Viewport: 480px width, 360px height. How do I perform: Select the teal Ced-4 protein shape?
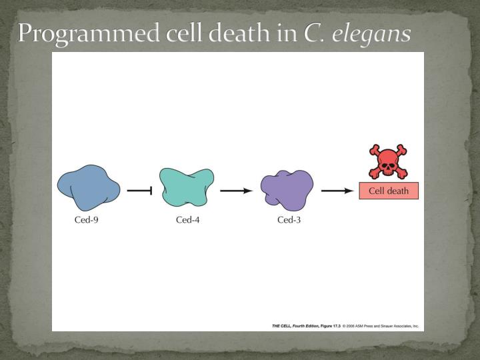(x=187, y=186)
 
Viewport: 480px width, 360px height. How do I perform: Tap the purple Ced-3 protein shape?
(x=287, y=189)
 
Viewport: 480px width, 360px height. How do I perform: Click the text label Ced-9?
(x=86, y=220)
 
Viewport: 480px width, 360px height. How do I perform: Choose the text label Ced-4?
(x=187, y=220)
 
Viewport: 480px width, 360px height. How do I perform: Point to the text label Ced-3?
(x=289, y=220)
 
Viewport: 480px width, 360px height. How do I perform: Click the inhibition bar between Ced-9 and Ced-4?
(x=140, y=191)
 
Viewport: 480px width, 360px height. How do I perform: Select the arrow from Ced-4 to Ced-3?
(x=236, y=191)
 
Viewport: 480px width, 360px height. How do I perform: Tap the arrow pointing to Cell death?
(x=337, y=191)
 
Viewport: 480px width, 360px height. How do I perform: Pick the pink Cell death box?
(x=389, y=191)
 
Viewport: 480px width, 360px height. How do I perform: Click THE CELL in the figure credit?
(x=284, y=326)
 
